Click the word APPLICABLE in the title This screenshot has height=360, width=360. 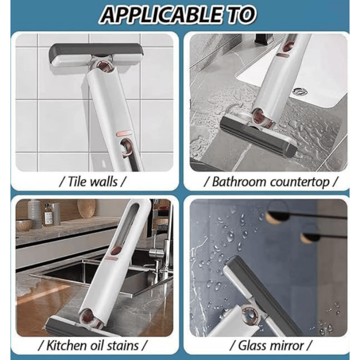[158, 15]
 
